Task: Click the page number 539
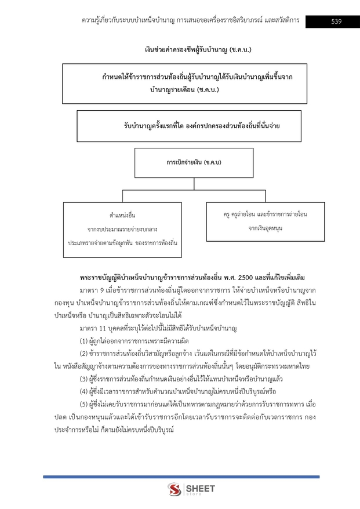pos(336,21)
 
